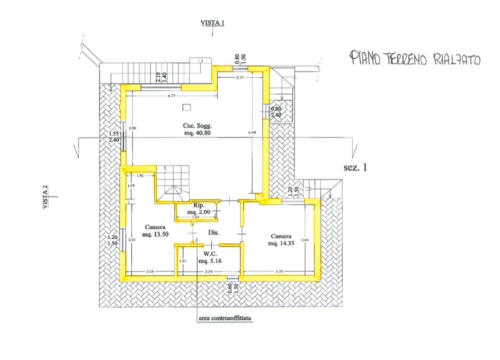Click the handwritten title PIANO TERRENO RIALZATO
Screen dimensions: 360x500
(415, 59)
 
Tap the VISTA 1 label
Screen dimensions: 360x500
(212, 23)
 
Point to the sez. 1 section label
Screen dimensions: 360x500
(355, 168)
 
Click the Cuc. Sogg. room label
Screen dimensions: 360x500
(195, 130)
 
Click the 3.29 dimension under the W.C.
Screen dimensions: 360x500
(209, 272)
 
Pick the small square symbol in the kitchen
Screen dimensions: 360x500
(185, 108)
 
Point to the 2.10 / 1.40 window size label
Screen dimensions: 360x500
(161, 77)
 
